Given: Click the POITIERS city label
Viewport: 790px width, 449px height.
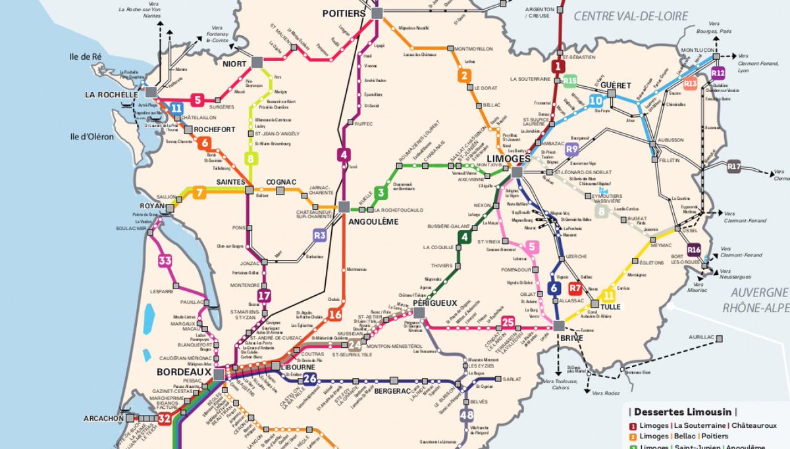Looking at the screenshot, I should pyautogui.click(x=343, y=13).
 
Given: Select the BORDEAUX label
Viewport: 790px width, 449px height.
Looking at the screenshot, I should pyautogui.click(x=184, y=372).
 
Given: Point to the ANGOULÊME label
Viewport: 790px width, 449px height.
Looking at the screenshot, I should pyautogui.click(x=373, y=222).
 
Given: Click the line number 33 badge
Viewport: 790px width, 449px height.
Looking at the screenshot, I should pyautogui.click(x=165, y=261).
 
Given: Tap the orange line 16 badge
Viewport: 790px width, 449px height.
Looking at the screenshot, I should pyautogui.click(x=335, y=315).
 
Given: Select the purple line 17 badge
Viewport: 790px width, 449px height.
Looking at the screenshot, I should pyautogui.click(x=264, y=296).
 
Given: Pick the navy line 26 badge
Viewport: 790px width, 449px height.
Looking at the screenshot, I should pyautogui.click(x=310, y=378).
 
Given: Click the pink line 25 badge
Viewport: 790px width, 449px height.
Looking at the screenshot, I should pyautogui.click(x=508, y=322).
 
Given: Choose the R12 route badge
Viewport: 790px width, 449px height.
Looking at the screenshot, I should pyautogui.click(x=718, y=72).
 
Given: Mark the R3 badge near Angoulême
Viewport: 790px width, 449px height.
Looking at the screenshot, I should pyautogui.click(x=320, y=235).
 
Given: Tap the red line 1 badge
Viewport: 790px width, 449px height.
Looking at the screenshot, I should pyautogui.click(x=558, y=66).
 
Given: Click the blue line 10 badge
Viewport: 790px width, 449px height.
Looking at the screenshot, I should pyautogui.click(x=596, y=101).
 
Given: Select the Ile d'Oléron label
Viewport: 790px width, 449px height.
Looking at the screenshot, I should pyautogui.click(x=92, y=137).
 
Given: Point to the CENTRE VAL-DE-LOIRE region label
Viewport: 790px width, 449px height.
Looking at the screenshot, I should pyautogui.click(x=631, y=16).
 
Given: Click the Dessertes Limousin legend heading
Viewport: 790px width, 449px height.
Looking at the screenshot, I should pyautogui.click(x=682, y=412).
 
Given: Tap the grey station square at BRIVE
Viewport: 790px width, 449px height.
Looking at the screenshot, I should pyautogui.click(x=559, y=326).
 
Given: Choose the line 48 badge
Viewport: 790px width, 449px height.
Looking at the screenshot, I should pyautogui.click(x=467, y=415).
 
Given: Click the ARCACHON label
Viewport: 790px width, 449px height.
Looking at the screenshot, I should pyautogui.click(x=104, y=418).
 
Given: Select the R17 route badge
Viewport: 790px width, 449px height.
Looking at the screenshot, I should pyautogui.click(x=735, y=167).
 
